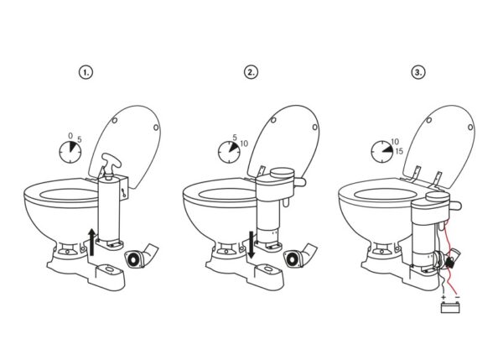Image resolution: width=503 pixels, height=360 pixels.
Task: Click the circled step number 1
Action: (x=86, y=72)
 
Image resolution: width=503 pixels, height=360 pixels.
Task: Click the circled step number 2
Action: (x=251, y=72)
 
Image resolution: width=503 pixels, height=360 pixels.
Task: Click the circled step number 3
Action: (x=418, y=72)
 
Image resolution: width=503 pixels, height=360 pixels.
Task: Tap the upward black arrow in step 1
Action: (x=92, y=243)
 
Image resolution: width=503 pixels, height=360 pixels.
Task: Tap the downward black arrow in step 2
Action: (x=251, y=244)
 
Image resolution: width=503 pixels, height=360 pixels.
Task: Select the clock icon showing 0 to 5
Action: (x=70, y=152)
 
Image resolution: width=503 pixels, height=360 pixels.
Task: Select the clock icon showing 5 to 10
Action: (x=229, y=152)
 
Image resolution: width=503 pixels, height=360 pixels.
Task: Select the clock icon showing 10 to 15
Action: (x=382, y=151)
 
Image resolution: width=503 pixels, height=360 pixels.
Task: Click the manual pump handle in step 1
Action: (x=111, y=164)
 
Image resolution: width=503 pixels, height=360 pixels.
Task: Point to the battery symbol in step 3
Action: (x=450, y=307)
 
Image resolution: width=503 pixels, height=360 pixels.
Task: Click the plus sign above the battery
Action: (x=443, y=297)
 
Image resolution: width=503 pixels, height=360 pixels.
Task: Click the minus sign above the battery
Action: (x=458, y=297)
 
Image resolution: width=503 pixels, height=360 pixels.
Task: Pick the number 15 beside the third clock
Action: (x=399, y=151)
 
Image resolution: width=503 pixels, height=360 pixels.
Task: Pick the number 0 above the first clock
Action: (x=70, y=136)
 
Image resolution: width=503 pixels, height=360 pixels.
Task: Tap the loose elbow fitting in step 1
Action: (x=142, y=256)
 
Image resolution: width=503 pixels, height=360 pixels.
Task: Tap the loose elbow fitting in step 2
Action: (x=300, y=256)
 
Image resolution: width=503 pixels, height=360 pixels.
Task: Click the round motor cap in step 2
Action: (x=282, y=173)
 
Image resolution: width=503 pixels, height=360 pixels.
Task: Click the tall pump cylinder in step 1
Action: (x=109, y=209)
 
